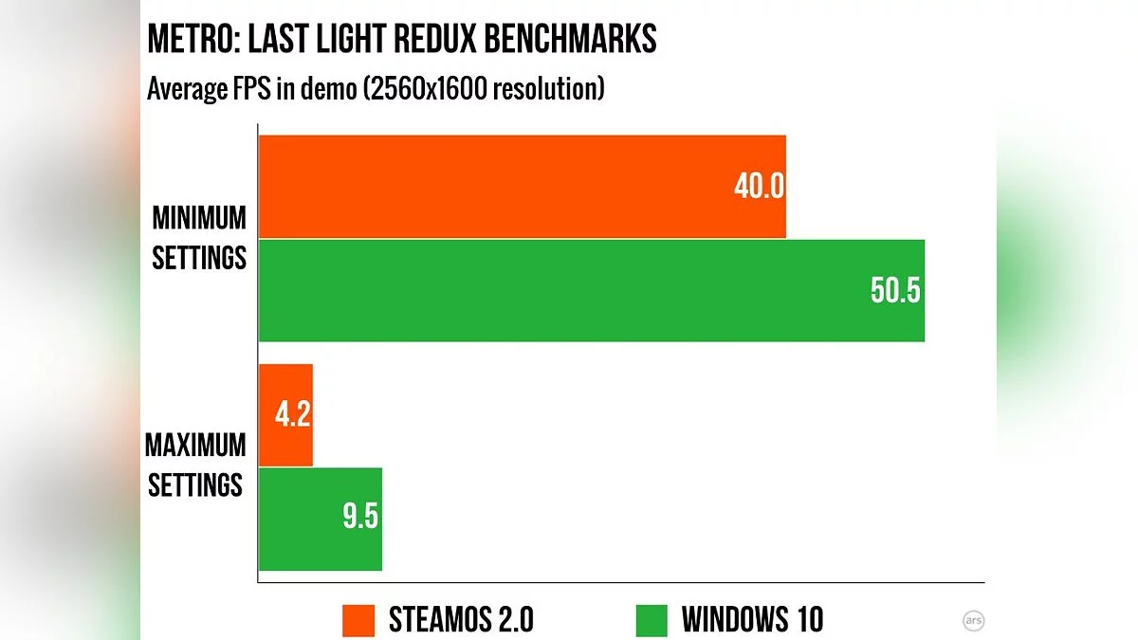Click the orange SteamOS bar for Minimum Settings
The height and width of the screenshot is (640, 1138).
coord(522,186)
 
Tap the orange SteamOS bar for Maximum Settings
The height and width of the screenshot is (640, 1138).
coord(285,415)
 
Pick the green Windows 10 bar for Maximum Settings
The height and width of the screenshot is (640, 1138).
coord(320,519)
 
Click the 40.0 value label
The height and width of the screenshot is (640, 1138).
coord(759,187)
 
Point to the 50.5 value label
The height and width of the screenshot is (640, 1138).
coord(895,290)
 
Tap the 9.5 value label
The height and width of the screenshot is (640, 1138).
coord(359,519)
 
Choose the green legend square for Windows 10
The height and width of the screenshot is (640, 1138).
coord(652,620)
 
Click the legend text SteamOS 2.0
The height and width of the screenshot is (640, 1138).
coord(461,620)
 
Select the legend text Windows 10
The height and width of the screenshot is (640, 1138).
coord(752,620)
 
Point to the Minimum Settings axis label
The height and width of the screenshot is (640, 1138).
coord(200,238)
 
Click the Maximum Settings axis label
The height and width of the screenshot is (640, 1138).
coord(195,465)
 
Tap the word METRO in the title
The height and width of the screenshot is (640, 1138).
coord(191,41)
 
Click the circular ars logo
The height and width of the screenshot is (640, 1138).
coord(972,620)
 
